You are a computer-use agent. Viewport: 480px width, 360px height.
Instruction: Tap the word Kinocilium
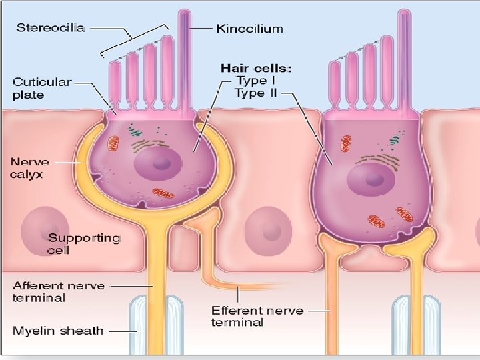pos(250,28)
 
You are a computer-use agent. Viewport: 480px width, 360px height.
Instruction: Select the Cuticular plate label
pos(41,88)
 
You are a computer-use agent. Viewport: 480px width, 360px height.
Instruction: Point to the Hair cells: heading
pos(257,68)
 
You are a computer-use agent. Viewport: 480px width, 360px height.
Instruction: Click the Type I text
pos(256,81)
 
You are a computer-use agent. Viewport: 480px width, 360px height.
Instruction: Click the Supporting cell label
pos(84,243)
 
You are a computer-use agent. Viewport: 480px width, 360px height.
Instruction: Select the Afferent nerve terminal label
pos(59,291)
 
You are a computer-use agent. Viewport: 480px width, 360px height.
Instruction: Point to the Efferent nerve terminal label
pos(257,316)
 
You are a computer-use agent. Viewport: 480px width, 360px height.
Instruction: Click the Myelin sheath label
pos(58,330)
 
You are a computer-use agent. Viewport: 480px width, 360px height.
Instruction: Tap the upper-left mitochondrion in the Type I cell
pos(114,143)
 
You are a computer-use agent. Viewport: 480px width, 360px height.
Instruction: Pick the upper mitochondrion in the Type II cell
pos(347,143)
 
